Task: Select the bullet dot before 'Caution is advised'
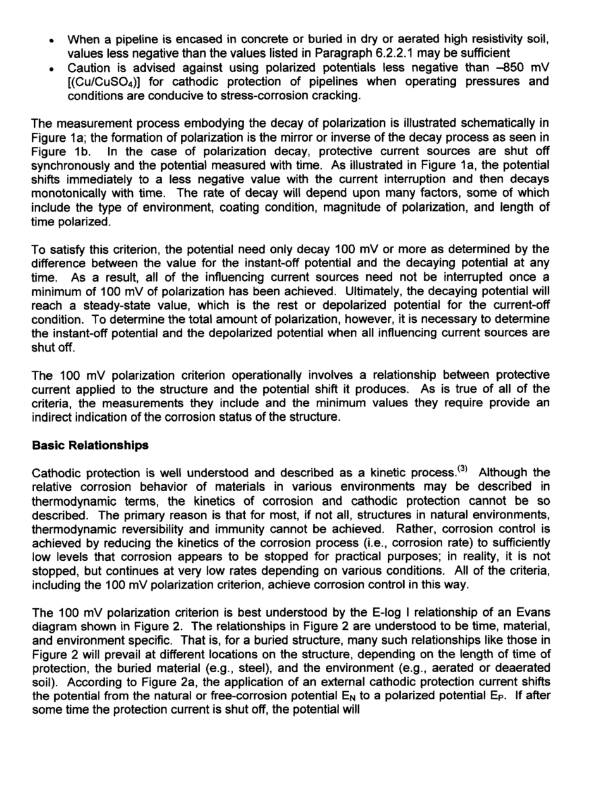(x=52, y=68)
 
